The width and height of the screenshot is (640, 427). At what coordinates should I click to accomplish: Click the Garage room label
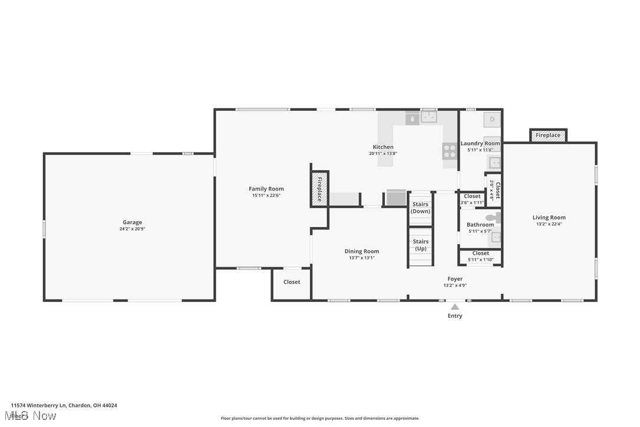(132, 222)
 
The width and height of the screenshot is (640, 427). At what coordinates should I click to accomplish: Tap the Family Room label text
(266, 189)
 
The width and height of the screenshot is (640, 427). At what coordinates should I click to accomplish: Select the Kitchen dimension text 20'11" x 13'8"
(383, 154)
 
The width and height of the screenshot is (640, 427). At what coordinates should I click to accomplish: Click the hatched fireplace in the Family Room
(319, 189)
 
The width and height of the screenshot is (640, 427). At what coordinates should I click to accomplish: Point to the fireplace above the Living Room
(548, 136)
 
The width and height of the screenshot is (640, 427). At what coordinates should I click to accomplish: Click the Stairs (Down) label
(420, 208)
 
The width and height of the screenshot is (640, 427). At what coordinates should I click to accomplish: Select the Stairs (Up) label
(420, 245)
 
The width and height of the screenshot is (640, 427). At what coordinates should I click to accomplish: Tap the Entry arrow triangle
(454, 307)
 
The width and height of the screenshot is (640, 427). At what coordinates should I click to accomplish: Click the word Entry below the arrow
(454, 316)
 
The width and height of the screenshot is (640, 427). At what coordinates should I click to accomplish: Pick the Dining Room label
(362, 251)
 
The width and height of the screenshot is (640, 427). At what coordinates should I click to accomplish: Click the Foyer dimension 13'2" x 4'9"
(455, 286)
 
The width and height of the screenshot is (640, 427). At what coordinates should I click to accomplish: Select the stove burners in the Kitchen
(449, 151)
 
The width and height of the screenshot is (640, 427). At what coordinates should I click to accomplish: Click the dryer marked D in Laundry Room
(493, 120)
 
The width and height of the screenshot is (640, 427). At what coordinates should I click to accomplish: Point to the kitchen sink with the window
(428, 117)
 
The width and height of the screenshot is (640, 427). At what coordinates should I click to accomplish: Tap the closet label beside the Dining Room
(292, 282)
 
